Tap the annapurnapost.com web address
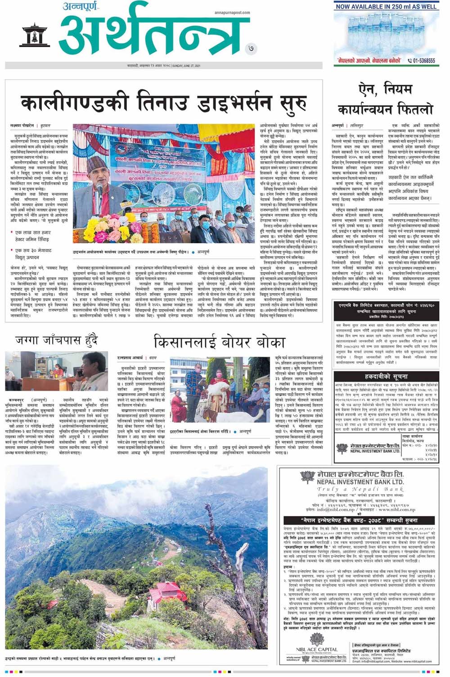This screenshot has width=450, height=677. point(232,13)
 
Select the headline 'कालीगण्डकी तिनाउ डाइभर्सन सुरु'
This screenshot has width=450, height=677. point(164,102)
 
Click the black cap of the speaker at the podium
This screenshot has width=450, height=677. point(96,161)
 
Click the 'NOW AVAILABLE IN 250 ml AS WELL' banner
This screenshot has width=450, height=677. point(386,7)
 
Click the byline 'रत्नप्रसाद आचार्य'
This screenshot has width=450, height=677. point(130,357)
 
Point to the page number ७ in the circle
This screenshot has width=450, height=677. point(251,49)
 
